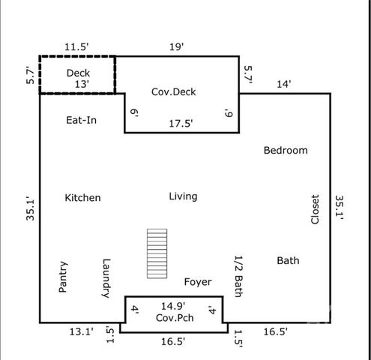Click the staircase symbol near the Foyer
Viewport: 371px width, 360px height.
tap(157, 253)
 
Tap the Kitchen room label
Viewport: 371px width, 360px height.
tap(82, 198)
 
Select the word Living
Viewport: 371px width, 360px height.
tap(183, 196)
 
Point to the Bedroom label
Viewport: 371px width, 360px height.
tap(286, 150)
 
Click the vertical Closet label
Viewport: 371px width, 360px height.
tap(315, 209)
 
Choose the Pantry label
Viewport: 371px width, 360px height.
tap(63, 277)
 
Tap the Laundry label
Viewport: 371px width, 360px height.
tap(106, 278)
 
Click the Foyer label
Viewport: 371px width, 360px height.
tap(198, 282)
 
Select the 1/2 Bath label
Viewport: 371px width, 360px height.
tap(239, 276)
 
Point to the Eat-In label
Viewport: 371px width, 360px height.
tap(81, 120)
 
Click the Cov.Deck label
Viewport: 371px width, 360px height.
tap(174, 91)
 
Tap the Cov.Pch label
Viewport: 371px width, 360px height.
tap(175, 318)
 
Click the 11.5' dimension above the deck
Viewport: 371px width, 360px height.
tap(76, 46)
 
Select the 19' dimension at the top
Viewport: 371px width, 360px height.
tap(177, 46)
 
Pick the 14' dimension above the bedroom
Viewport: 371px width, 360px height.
tap(284, 84)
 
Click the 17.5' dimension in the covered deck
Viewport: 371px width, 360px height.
tap(181, 124)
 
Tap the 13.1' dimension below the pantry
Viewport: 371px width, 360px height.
tap(81, 331)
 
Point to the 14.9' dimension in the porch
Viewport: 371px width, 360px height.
tap(173, 306)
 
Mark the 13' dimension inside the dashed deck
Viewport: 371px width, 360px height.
tap(82, 84)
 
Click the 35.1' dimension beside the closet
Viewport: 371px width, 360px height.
tap(339, 208)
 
